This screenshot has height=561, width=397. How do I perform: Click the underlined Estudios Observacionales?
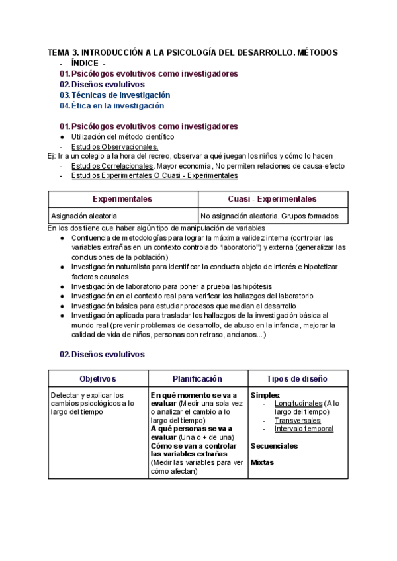click(x=114, y=147)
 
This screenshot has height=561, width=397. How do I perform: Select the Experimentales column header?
click(x=122, y=199)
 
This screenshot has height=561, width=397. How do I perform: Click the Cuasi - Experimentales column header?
click(x=273, y=199)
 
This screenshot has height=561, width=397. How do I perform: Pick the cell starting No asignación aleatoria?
click(x=269, y=216)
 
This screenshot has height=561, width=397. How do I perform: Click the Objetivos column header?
click(x=97, y=379)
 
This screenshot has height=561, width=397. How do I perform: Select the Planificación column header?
click(x=197, y=379)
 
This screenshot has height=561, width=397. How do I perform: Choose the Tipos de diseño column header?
click(x=296, y=379)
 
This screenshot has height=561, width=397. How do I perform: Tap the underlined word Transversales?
click(x=298, y=420)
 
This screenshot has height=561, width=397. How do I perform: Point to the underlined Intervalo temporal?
click(x=304, y=429)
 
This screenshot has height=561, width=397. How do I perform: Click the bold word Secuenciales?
click(x=274, y=446)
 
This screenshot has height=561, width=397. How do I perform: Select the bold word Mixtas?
click(x=262, y=463)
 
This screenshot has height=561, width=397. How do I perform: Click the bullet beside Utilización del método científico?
click(x=62, y=137)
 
